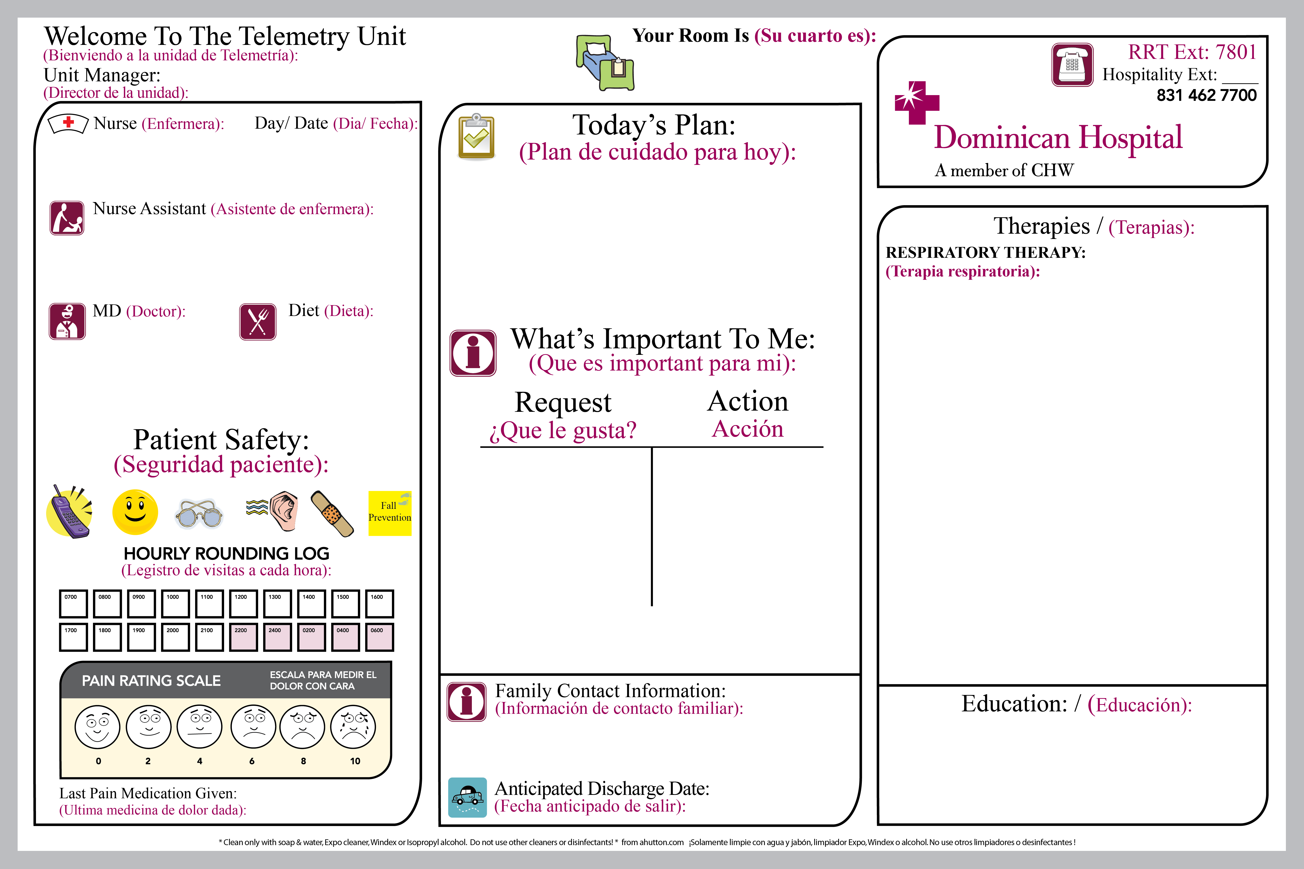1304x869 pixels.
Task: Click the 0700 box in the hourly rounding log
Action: pyautogui.click(x=73, y=603)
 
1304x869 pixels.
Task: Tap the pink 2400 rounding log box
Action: pyautogui.click(x=277, y=637)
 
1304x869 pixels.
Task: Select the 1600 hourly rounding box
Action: pyautogui.click(x=379, y=603)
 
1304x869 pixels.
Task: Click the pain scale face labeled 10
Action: pyautogui.click(x=353, y=727)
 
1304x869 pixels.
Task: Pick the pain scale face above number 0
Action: pyautogui.click(x=98, y=727)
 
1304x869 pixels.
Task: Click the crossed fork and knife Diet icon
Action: pyautogui.click(x=258, y=322)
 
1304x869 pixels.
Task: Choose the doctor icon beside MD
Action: pyautogui.click(x=67, y=322)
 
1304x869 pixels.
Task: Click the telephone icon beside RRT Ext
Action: pyautogui.click(x=1072, y=65)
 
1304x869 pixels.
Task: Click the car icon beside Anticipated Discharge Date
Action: pyautogui.click(x=467, y=798)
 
